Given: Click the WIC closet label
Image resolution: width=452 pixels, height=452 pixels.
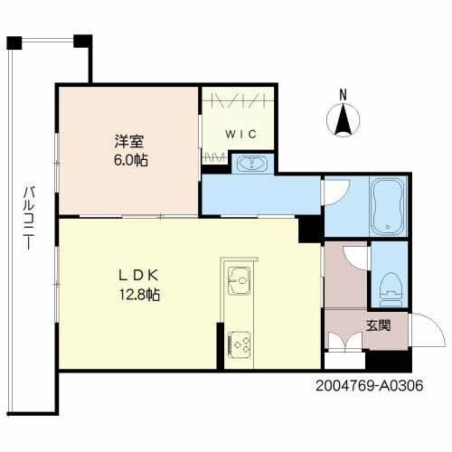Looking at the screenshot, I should point(241,134).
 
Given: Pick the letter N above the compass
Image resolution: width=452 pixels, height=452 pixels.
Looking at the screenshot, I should point(343,93).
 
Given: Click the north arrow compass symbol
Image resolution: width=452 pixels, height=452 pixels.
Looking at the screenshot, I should point(343,120).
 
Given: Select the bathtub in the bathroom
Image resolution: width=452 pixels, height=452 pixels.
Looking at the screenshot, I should point(390,206).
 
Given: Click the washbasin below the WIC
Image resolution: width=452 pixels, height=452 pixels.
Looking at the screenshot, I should point(248,164).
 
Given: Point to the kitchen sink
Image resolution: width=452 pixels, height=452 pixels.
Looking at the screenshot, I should point(238,281).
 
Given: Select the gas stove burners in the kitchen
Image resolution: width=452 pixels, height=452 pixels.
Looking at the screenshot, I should point(240,344).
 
